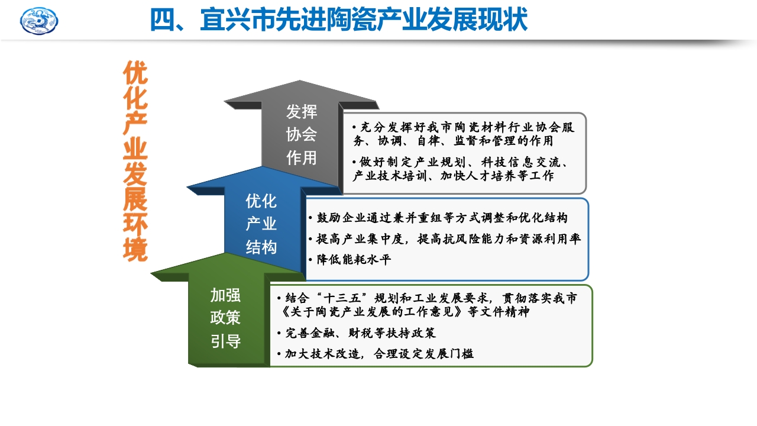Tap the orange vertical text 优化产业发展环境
tap(135, 161)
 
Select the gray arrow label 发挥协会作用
tap(302, 134)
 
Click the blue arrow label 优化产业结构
tap(261, 224)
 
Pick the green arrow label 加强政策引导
tap(225, 318)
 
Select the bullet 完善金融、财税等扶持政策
tap(360, 333)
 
